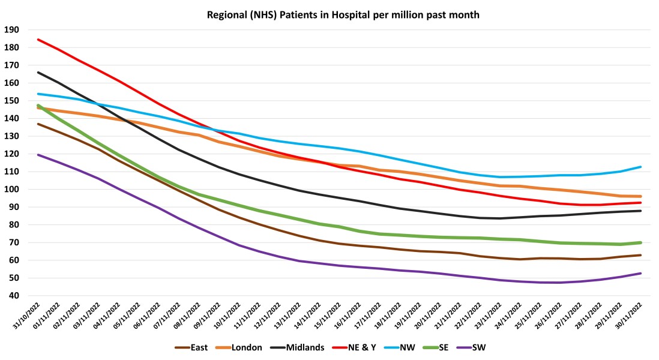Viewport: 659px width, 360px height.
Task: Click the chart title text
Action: (329, 15)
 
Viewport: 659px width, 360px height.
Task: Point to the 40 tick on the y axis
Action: (14, 296)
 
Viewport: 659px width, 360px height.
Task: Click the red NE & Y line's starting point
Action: (38, 40)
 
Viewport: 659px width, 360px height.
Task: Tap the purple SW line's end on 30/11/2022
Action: (641, 274)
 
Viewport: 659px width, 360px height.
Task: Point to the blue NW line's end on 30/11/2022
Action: (641, 167)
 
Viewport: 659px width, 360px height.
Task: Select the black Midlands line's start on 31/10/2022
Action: (38, 72)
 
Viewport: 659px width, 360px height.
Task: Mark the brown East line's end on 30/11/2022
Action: (641, 255)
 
